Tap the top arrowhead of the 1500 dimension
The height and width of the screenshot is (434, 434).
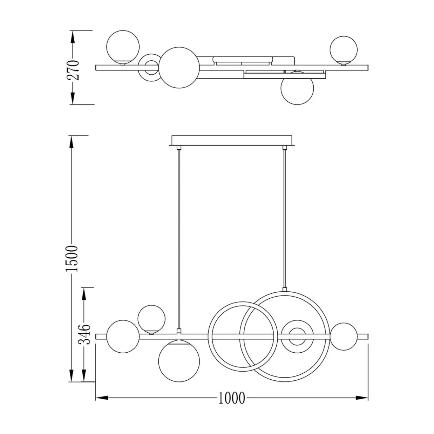(72, 142)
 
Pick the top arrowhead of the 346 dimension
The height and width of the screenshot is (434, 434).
(84, 294)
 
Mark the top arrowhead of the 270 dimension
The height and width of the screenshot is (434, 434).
(73, 37)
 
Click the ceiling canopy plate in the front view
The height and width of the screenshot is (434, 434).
(232, 140)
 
